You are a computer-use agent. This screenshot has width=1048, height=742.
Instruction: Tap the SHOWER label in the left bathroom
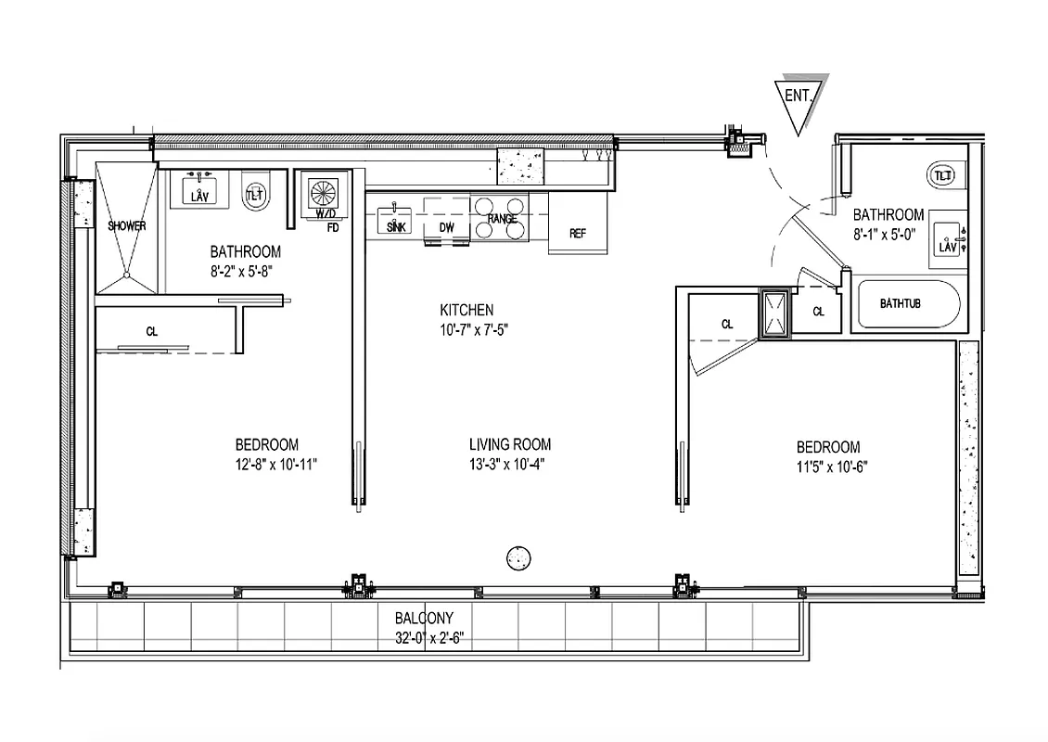coord(127,225)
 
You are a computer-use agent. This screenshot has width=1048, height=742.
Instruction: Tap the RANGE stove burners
coord(501,219)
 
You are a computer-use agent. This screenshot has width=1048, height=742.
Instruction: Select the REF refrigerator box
coord(577,233)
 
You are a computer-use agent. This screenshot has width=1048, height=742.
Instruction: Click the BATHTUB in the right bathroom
coord(906,304)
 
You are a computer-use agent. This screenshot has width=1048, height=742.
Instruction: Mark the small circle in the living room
coord(518,557)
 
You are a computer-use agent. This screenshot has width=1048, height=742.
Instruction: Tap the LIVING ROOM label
coord(509,445)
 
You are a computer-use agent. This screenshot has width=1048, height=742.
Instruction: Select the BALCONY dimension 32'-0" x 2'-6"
coord(424,637)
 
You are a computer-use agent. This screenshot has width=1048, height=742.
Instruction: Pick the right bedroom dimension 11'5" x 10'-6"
coord(826,467)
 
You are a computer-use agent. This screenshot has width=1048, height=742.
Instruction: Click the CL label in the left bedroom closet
coord(150,329)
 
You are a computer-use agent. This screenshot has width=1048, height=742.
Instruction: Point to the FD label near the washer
coord(332,225)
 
